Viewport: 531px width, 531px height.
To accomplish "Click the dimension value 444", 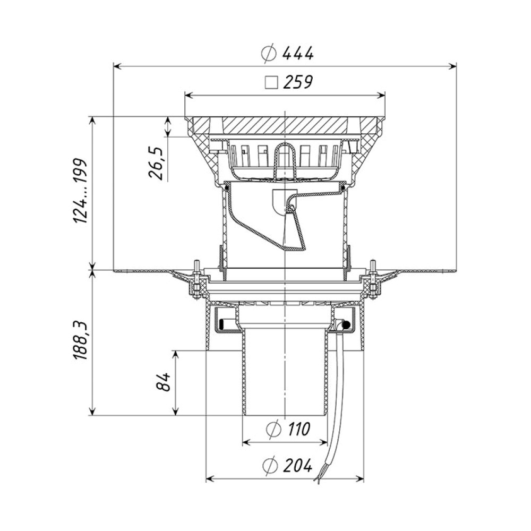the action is pos(298,53).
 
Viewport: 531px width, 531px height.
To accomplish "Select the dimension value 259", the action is pos(298,82).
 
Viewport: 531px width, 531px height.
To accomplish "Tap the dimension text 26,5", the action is pos(156,162).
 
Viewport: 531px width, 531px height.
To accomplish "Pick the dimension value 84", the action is pos(165,382).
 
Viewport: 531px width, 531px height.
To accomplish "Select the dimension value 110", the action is pos(298,430).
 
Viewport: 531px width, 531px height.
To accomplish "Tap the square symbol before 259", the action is pos(271,83).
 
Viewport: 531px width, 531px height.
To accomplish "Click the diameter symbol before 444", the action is pos(269,54).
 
